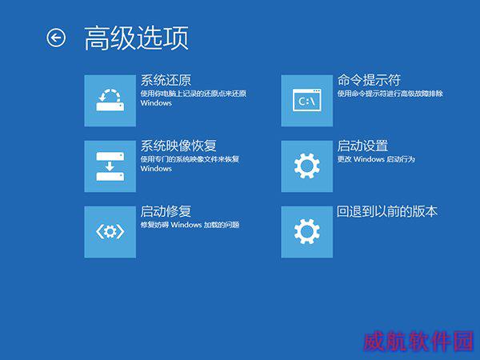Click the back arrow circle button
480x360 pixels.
coord(56,38)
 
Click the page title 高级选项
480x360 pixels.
coord(137,38)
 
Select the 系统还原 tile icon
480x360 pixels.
coord(110,101)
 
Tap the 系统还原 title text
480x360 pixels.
coord(166,80)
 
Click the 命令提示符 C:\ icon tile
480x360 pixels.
coord(306,101)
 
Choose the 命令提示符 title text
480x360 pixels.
coord(369,80)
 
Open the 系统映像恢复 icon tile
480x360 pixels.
coord(110,166)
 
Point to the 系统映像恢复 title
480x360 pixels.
coord(178,146)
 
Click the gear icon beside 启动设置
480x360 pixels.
coord(306,166)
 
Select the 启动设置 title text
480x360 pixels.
coord(362,146)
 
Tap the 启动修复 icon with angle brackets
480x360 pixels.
coord(110,232)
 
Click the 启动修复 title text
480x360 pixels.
coord(166,211)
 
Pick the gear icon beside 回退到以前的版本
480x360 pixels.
coord(306,232)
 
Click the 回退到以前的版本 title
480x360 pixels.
coord(387,211)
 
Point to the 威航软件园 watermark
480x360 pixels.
coord(418,341)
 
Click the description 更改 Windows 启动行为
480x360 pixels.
coord(376,159)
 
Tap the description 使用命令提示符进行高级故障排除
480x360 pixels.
coord(390,94)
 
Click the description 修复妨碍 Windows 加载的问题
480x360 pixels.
coord(190,225)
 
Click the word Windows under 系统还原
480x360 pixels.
coord(156,103)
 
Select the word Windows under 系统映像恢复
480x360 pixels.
coord(156,169)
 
